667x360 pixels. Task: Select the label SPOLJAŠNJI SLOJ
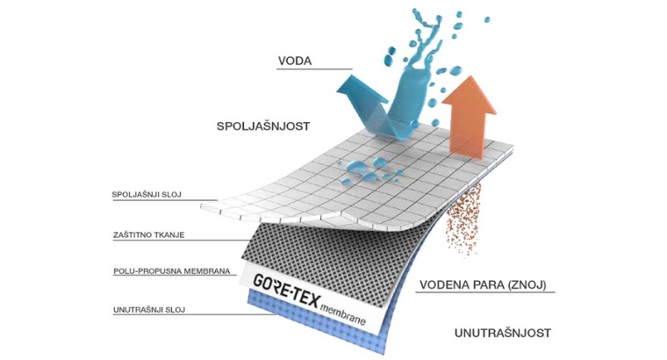coord(146,194)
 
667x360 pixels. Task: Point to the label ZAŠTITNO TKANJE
coord(147,234)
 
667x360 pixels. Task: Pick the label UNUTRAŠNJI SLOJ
coord(147,309)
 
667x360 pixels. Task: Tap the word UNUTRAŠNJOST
coord(503,333)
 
